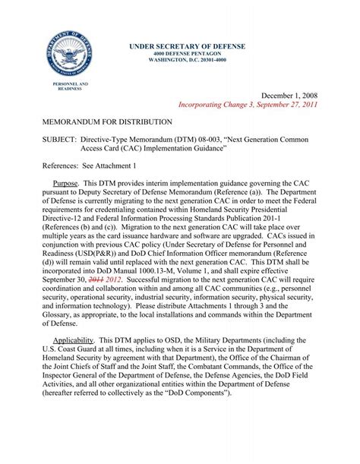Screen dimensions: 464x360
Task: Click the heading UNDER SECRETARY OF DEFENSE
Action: click(x=186, y=46)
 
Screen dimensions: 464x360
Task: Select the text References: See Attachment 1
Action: click(x=89, y=164)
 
